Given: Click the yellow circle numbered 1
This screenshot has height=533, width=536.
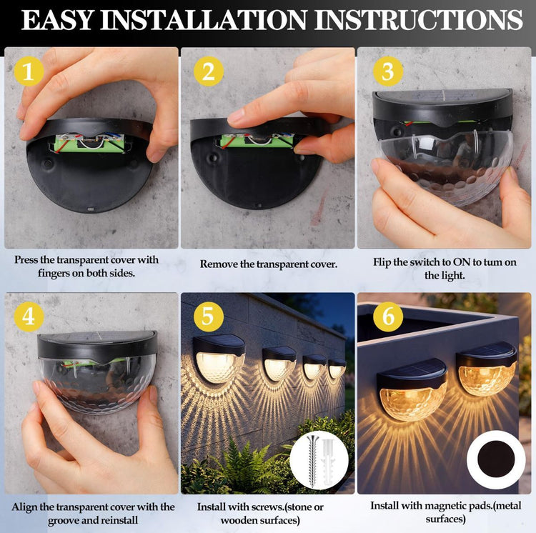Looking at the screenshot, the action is (x=29, y=71).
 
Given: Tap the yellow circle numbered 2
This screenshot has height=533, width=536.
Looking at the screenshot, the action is (x=209, y=71).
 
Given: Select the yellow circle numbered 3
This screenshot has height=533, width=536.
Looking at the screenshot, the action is (x=388, y=71).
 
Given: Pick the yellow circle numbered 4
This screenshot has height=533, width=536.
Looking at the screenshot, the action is (x=29, y=317).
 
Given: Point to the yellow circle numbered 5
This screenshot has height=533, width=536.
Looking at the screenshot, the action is (x=209, y=317).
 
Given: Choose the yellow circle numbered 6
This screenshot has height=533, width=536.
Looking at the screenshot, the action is (x=388, y=317).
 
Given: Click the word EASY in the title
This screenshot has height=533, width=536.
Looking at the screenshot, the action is (x=57, y=20).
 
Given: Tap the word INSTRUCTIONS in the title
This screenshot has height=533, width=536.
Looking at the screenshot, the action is (x=419, y=20).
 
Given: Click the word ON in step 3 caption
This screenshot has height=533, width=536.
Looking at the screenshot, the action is (x=462, y=262).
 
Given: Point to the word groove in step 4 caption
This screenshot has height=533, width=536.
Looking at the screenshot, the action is (x=64, y=521).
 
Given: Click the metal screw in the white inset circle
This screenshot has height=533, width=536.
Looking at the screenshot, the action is (x=312, y=462).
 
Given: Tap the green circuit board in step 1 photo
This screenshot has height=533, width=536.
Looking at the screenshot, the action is (x=89, y=143).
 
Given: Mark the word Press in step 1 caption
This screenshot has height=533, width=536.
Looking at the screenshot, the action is (x=26, y=260).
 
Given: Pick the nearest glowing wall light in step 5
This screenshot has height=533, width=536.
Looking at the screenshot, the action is (x=219, y=359).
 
